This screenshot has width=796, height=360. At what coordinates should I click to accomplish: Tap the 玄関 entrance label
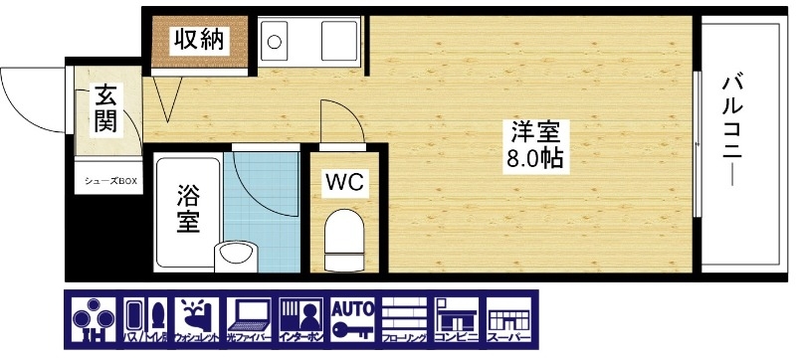(x=106, y=108)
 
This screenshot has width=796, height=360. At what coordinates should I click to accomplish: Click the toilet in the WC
(x=346, y=236)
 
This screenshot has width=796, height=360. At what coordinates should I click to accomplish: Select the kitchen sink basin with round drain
(x=275, y=44)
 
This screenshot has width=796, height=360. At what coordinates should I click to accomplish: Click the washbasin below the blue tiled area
(x=235, y=255)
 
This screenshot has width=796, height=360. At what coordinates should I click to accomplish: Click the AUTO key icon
(x=354, y=320)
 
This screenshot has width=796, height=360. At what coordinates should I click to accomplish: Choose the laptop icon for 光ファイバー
(x=251, y=320)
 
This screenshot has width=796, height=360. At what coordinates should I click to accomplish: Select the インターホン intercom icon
(x=302, y=320)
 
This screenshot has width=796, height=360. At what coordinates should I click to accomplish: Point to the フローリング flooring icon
(x=406, y=320)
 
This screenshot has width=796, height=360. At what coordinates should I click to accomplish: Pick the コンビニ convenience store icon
(x=458, y=320)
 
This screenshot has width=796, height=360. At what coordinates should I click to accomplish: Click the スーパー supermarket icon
(x=508, y=320)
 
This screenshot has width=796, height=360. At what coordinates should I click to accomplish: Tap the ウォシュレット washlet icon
(x=199, y=320)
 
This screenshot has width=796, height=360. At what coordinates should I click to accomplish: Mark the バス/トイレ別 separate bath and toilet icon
(x=147, y=320)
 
